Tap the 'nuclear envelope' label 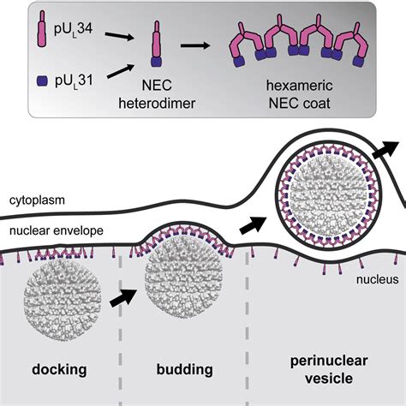coord(57,230)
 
